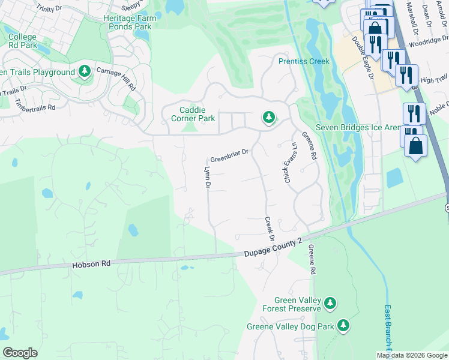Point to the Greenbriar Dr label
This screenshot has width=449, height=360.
(229, 156)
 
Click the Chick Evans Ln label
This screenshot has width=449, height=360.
(291, 163)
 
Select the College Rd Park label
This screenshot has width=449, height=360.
(22, 41)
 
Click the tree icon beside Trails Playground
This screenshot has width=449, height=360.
(85, 72)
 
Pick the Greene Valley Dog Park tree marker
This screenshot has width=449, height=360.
(343, 326)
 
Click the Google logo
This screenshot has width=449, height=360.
(20, 353)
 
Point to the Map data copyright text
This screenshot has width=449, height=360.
(411, 355)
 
